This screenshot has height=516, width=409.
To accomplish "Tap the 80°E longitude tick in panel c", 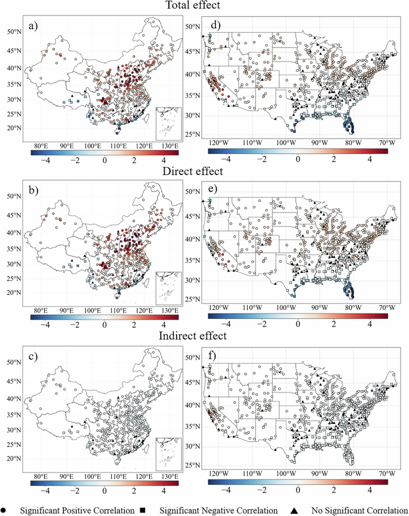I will [x=41, y=476].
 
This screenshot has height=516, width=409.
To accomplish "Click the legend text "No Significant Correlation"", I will [x=356, y=510].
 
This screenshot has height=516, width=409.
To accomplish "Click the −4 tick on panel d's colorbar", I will [x=226, y=159].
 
